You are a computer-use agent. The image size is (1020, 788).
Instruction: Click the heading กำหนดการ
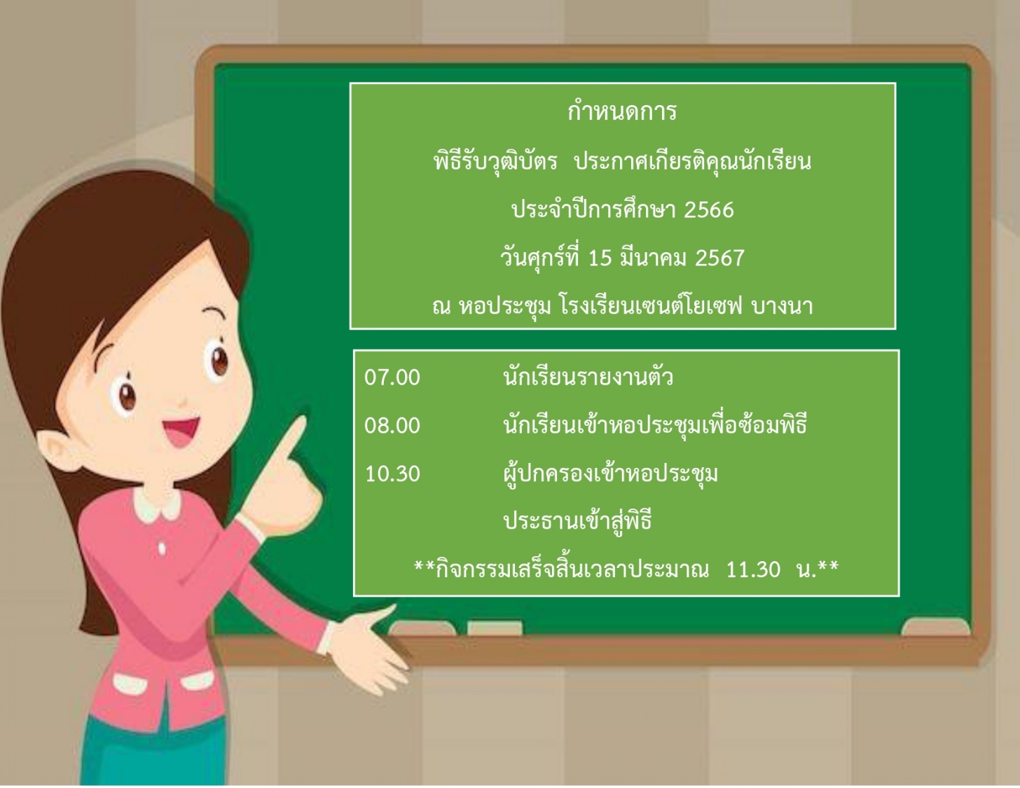[622, 111]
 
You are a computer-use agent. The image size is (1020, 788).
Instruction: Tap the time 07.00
[392, 378]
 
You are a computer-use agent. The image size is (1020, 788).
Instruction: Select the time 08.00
[392, 426]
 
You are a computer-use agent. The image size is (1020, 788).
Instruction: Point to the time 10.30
[392, 474]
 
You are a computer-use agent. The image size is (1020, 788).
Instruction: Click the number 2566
[709, 210]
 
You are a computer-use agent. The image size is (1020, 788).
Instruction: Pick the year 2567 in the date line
[719, 258]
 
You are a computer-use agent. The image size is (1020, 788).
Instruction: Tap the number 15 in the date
[600, 258]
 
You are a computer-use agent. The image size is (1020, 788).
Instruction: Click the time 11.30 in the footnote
[753, 569]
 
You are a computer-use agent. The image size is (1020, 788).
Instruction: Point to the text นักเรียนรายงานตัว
[588, 377]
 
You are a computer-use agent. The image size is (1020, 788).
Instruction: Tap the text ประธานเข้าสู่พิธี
[578, 521]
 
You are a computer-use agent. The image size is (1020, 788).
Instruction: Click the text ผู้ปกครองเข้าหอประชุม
[611, 474]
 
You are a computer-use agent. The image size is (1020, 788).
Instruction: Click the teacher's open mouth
[181, 432]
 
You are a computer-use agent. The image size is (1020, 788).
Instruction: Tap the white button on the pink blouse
[162, 548]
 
